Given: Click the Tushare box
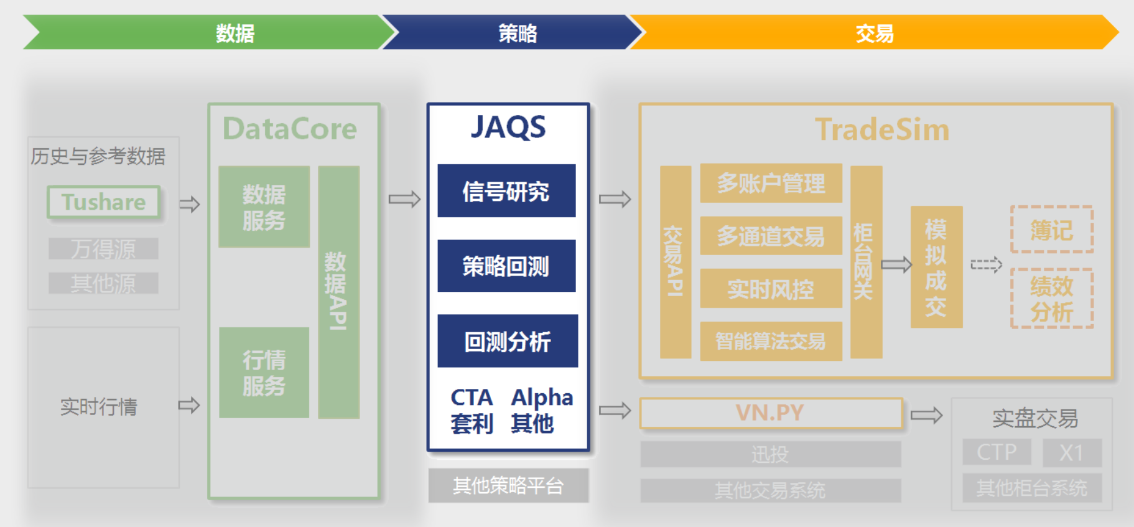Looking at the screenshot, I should (103, 202).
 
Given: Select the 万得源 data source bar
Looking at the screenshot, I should (103, 249).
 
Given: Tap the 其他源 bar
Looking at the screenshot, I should (103, 283).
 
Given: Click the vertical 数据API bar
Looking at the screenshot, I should (338, 292).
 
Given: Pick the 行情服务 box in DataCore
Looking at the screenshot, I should (264, 373).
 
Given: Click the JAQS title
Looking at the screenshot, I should (508, 128).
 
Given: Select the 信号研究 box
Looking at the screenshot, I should (506, 191).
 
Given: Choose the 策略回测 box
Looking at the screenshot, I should (506, 266).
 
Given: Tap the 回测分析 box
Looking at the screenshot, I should (508, 341).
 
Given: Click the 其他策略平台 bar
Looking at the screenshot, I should (508, 485).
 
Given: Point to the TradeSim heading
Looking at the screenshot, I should (882, 130).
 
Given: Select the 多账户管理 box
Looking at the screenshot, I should (771, 184).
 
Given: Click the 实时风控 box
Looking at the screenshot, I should (771, 289).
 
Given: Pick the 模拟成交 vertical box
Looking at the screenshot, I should (936, 267).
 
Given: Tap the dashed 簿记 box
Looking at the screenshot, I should (1052, 230).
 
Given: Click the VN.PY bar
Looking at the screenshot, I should (771, 413).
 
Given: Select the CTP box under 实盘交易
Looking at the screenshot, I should (997, 452).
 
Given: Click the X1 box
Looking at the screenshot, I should (1072, 452).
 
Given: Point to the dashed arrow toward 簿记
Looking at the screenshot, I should (986, 265).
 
